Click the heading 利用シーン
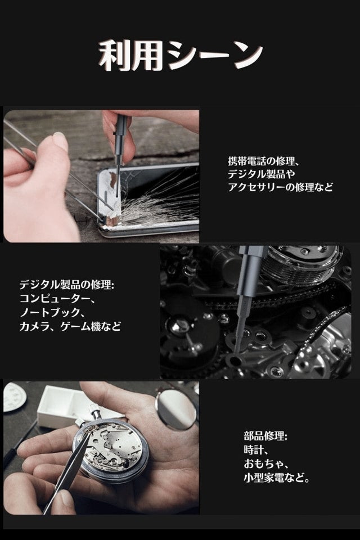click(180, 55)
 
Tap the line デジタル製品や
click(262, 174)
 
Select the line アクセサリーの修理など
click(281, 187)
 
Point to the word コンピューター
click(52, 299)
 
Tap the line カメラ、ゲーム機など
click(70, 326)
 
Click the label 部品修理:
click(265, 436)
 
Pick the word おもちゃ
click(262, 464)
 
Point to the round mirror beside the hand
click(177, 408)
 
